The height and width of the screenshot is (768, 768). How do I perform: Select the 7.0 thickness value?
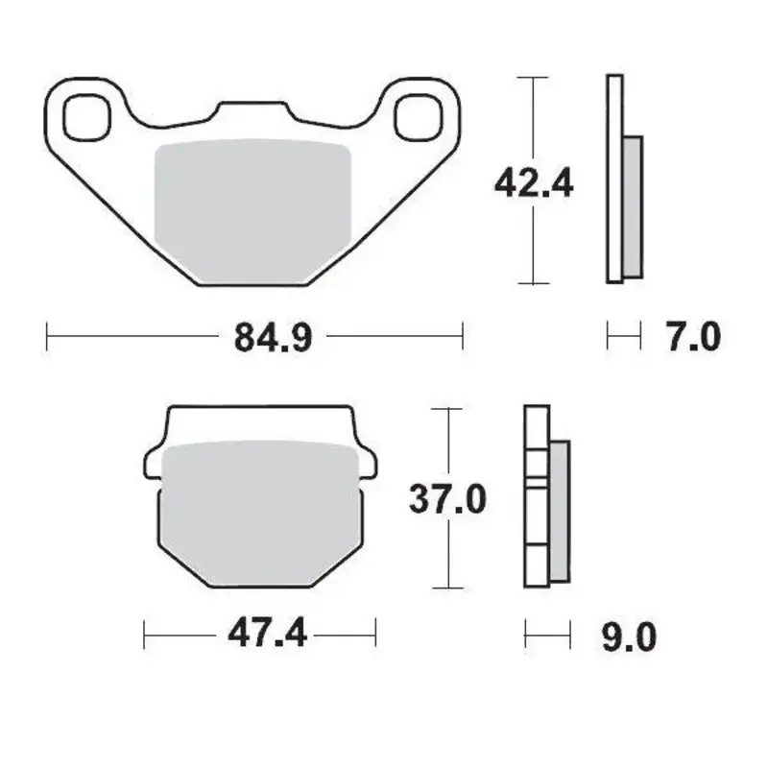pyautogui.click(x=692, y=337)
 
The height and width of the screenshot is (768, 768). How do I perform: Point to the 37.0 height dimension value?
pyautogui.click(x=448, y=500)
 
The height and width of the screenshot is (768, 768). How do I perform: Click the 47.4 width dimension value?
pyautogui.click(x=268, y=634)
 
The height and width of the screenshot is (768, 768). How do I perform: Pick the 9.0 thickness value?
pyautogui.click(x=631, y=635)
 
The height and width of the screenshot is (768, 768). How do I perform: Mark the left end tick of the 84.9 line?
pyautogui.click(x=47, y=337)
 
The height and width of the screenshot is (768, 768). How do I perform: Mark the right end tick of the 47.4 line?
pyautogui.click(x=375, y=634)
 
